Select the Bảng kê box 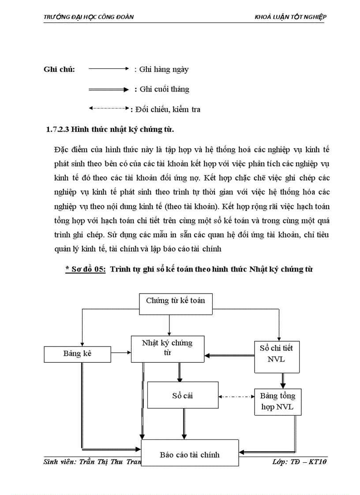coord(77,354)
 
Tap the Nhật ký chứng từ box coord(167,348)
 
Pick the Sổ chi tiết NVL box coord(277,353)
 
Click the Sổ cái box coord(183,395)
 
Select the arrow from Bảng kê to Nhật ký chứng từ coord(121,353)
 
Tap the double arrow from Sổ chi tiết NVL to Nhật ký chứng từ coord(229,355)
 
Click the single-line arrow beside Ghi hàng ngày coord(108,69)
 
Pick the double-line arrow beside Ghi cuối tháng coord(108,89)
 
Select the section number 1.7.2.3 coord(59,130)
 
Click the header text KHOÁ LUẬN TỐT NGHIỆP coord(291,17)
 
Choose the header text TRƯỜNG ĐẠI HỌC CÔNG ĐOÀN coord(89,17)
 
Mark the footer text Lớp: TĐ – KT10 coord(300,462)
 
